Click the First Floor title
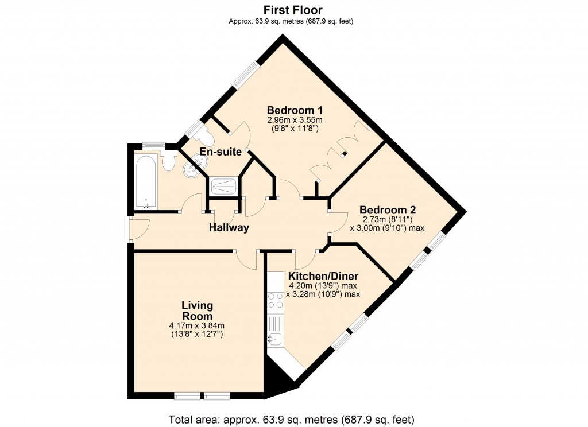(293, 10)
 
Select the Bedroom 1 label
(295, 110)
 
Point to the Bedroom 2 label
(388, 209)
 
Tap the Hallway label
(229, 228)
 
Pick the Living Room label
(196, 310)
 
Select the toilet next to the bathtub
(168, 161)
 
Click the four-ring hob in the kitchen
(275, 300)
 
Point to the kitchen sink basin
(274, 339)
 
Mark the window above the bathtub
(154, 146)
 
